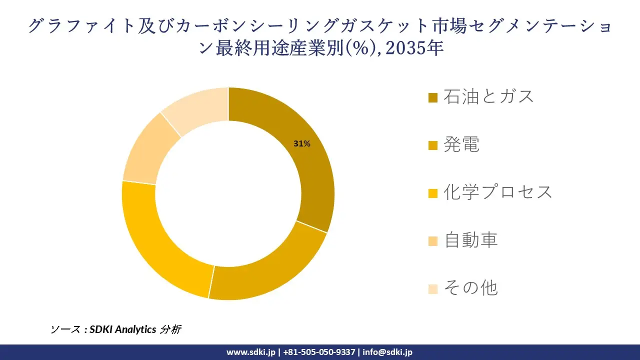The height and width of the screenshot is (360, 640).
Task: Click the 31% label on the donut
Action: point(302,144)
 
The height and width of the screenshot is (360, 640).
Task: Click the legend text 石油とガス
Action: point(489,96)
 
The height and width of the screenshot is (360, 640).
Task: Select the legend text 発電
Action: point(461,144)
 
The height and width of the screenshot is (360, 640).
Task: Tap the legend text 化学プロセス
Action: point(498,192)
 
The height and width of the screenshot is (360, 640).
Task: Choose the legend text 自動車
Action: point(471,240)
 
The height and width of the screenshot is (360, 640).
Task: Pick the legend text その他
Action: point(470,288)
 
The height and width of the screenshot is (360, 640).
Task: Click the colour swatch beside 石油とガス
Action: point(433,97)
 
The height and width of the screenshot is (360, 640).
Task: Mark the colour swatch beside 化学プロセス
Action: point(433,193)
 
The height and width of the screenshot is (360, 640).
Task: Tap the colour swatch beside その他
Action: point(433,289)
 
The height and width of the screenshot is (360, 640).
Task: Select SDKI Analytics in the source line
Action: point(122,329)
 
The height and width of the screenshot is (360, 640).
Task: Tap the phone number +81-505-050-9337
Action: point(319,352)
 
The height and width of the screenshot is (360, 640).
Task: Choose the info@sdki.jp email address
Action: point(387,352)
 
